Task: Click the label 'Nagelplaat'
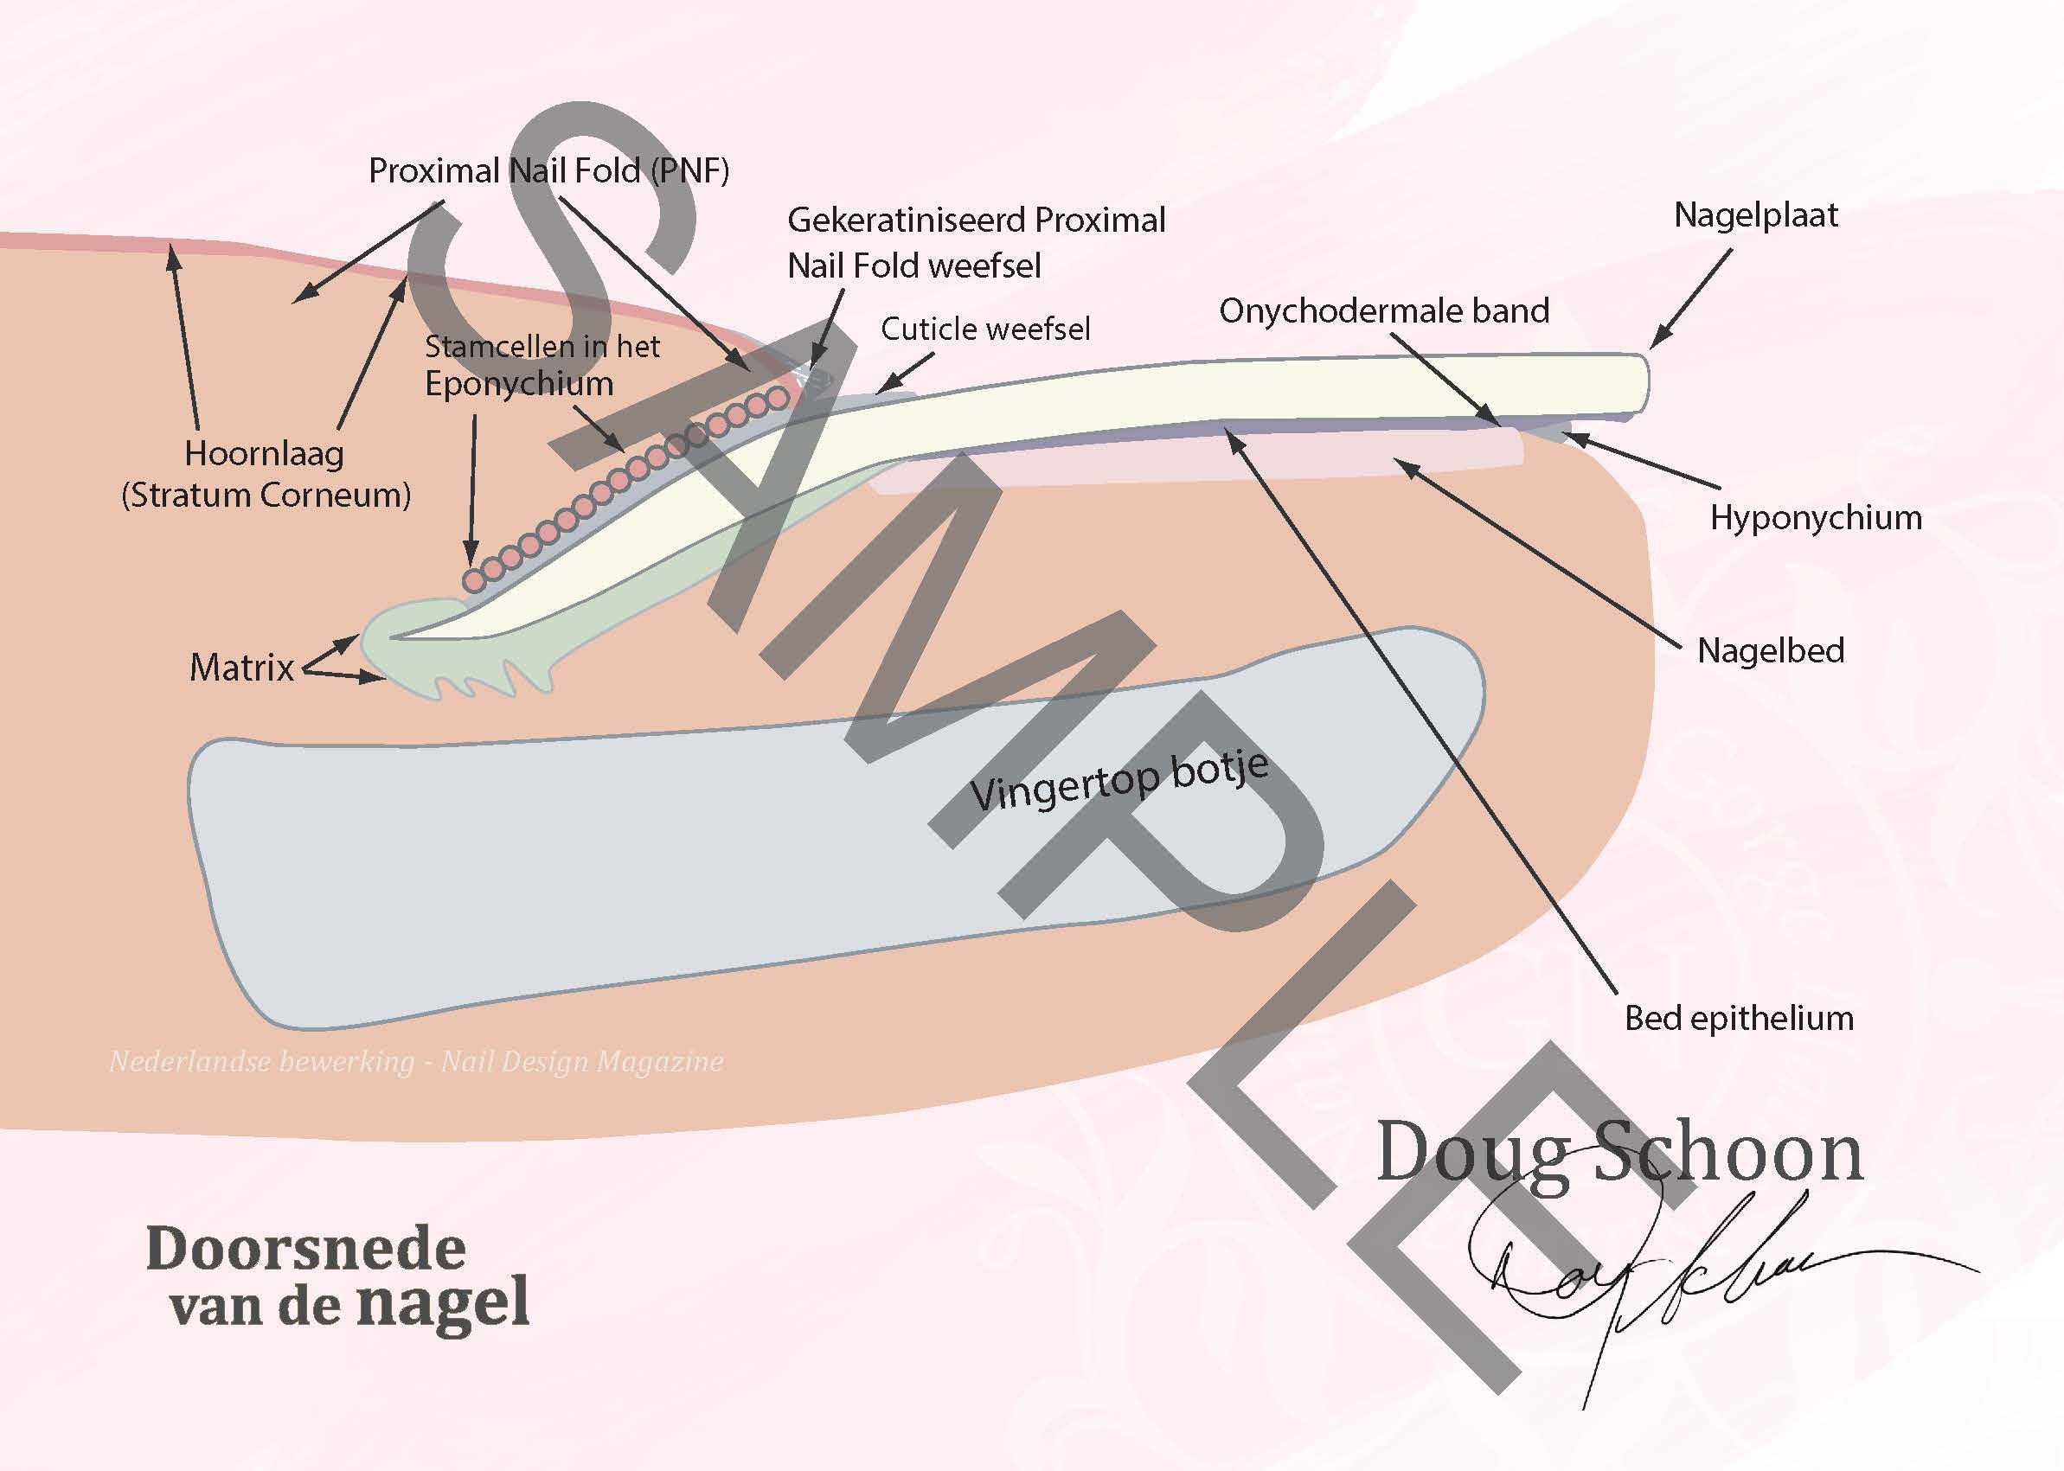coord(1755,215)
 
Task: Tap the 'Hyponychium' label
coord(1816,518)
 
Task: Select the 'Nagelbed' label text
coord(1771,651)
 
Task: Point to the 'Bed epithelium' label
coord(1739,1018)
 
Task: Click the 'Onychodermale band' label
coord(1383,311)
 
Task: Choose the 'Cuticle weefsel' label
coord(985,329)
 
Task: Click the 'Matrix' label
coord(241,668)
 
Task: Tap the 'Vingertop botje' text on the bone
coord(1119,780)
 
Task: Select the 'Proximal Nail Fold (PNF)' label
coord(548,171)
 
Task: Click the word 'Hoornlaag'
coord(264,454)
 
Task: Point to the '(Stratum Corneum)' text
coord(266,496)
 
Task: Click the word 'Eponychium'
coord(519,384)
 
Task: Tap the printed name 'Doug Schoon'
coord(1619,1152)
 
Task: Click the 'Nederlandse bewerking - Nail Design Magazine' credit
coord(416,1061)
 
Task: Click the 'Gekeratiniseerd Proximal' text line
coord(976,221)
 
